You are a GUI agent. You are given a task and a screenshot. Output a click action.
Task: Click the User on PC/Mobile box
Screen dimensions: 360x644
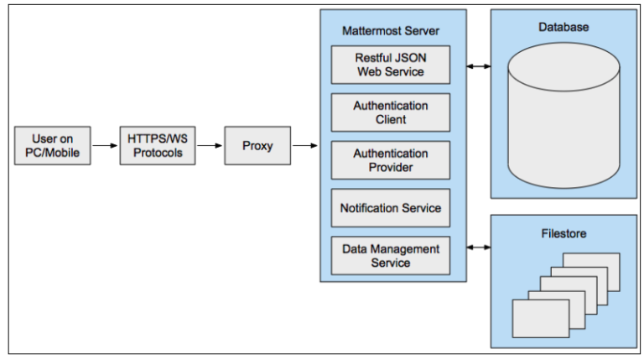(x=52, y=145)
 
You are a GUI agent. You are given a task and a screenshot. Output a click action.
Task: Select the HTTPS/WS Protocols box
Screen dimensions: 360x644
(x=155, y=145)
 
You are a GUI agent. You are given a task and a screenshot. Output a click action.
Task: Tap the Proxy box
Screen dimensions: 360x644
(x=257, y=145)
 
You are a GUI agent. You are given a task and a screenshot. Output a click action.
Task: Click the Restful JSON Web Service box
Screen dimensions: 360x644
(x=390, y=65)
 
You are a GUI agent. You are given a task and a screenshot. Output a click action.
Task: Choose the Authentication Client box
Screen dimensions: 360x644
(x=390, y=112)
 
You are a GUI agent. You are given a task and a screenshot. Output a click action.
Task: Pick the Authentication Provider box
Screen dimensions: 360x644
(x=390, y=160)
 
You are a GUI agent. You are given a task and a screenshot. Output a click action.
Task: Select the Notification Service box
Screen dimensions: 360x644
(x=390, y=207)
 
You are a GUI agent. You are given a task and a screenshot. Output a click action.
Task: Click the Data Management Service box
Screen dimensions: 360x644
(x=390, y=255)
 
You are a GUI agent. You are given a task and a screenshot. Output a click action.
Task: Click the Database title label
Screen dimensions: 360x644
(x=563, y=27)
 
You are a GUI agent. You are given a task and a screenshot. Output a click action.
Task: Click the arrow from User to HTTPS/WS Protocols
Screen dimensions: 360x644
(x=105, y=145)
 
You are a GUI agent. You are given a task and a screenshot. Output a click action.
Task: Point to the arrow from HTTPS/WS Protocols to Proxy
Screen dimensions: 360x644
(x=207, y=145)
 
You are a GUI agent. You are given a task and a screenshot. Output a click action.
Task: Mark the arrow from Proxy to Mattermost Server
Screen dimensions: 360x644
(x=304, y=145)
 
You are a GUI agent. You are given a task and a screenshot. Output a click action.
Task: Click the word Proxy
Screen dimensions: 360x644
(x=257, y=145)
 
